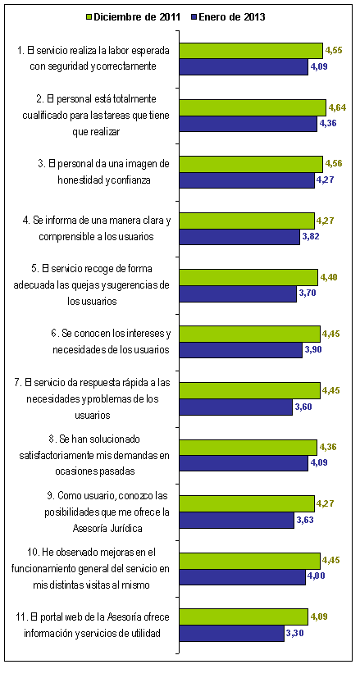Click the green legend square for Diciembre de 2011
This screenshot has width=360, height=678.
pos(89,17)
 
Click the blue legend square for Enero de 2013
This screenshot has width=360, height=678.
pos(194,17)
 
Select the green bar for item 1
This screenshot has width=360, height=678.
pos(251,51)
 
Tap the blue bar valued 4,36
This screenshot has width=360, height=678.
pos(248,124)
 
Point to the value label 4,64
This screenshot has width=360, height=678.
pos(338,107)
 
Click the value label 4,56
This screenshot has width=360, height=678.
pos(334,164)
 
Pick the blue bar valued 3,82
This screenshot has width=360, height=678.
pos(239,237)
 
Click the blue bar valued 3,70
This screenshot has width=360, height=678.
pos(238,293)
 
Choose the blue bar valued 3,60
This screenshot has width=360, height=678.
pos(236,407)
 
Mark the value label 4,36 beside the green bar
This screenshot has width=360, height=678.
pos(328,447)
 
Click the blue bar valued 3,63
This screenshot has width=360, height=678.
pos(237,520)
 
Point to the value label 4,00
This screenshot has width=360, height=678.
pos(317,576)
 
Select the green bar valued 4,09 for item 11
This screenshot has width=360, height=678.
pos(244,617)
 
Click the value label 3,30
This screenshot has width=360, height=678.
pos(295,633)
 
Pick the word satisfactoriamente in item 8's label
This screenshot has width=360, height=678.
pos(52,455)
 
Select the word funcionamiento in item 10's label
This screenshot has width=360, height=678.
pos(48,569)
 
